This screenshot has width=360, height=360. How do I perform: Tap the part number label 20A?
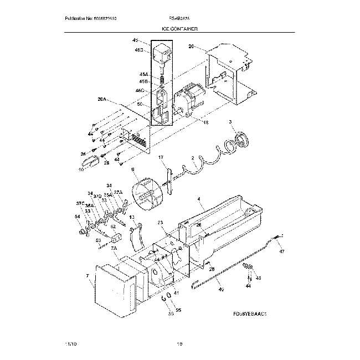coord(101,100)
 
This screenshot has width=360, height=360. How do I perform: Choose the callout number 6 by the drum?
coord(132,171)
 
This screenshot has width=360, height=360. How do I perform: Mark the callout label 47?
coord(281,251)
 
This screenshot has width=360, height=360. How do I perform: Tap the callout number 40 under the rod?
coord(221,289)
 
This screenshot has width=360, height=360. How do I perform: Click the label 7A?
coord(113,249)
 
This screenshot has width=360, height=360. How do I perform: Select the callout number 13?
coord(132,217)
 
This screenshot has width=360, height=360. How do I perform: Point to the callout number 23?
coord(160,223)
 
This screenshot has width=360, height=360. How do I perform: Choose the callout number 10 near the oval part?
coord(81,169)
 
